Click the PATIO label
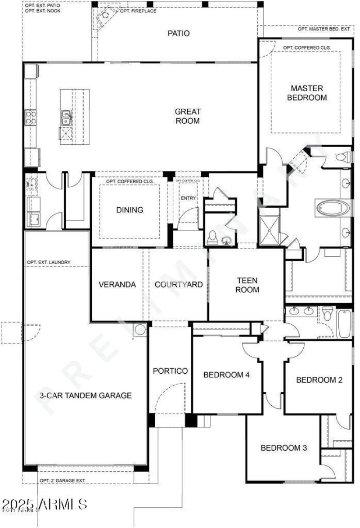(179, 33)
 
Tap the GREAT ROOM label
(188, 116)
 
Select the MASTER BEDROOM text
(308, 93)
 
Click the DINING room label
(130, 210)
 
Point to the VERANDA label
(117, 285)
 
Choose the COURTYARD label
(179, 285)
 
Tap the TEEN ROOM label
(247, 285)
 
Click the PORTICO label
(170, 371)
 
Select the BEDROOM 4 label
(226, 375)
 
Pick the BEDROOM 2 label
(319, 380)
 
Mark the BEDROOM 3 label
(284, 448)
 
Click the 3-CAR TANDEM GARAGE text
(85, 396)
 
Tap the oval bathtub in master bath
(329, 208)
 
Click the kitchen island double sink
(66, 118)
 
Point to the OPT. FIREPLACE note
(138, 11)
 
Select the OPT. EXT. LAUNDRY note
(49, 262)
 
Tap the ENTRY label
(188, 198)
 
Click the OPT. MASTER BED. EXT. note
(324, 29)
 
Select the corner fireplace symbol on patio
(105, 15)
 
